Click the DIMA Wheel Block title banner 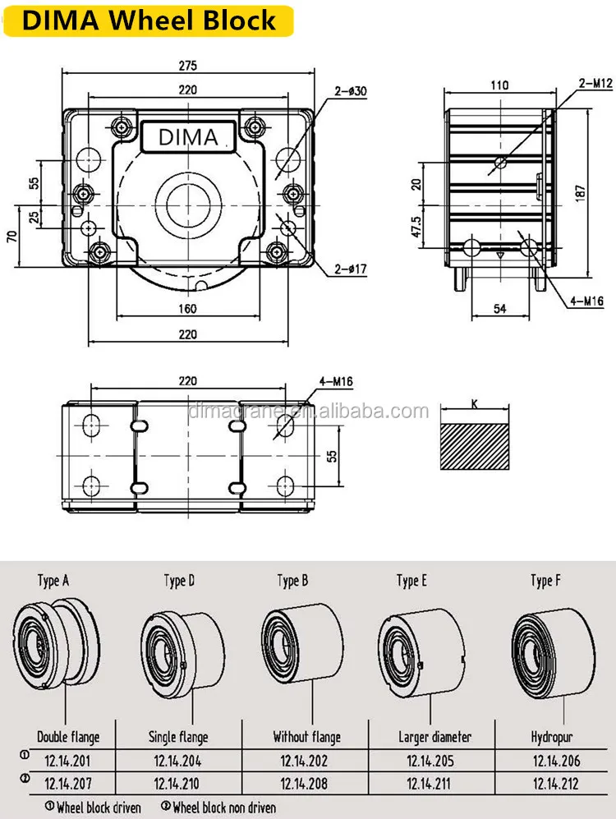point(149,21)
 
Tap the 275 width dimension point(188,66)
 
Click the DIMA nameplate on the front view point(188,137)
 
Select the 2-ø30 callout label point(351,91)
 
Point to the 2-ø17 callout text point(351,269)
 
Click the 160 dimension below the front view point(188,309)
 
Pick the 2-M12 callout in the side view point(595,83)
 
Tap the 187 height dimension point(581,192)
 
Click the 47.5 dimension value point(416,228)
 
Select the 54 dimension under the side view point(499,309)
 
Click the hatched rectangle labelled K point(475,446)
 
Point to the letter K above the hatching point(475,404)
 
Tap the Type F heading point(545,580)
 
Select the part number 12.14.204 point(177,761)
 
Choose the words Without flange point(307,737)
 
